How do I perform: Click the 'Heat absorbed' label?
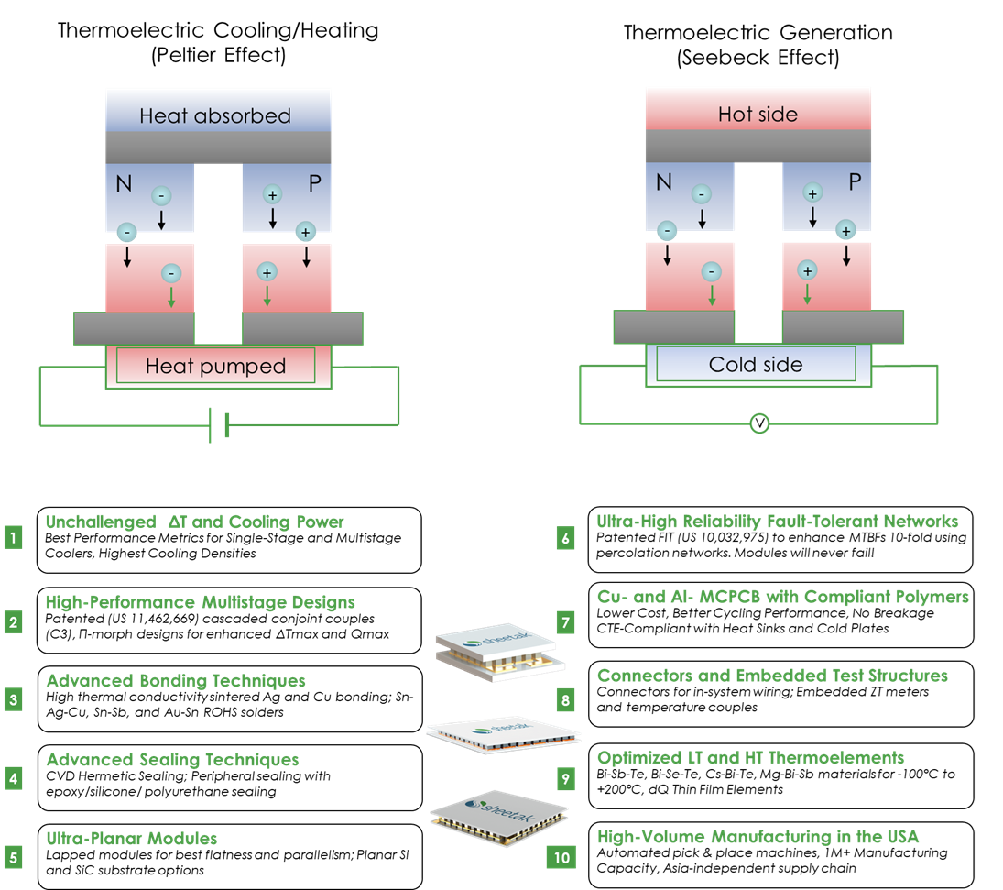click(215, 116)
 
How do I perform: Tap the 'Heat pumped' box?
click(216, 367)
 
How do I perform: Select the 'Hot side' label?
click(758, 115)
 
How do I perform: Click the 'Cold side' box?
click(756, 365)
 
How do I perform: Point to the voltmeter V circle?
click(759, 423)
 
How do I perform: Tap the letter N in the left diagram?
click(124, 184)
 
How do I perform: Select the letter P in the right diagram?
click(854, 182)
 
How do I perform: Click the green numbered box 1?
click(13, 537)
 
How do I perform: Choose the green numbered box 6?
click(565, 538)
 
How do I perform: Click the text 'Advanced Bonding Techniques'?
click(176, 681)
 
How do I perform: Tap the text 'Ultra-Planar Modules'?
click(132, 839)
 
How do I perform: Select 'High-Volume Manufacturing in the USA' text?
click(758, 837)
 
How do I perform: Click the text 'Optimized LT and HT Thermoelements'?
click(750, 758)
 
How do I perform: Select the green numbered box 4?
click(13, 779)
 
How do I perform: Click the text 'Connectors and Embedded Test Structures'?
click(772, 676)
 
